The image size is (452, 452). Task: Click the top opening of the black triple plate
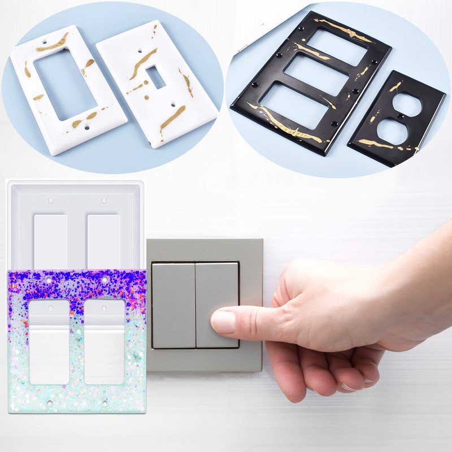pos(338,47)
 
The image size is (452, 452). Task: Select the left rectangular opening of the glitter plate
pos(50,341)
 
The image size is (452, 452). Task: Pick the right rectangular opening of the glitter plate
pos(105,341)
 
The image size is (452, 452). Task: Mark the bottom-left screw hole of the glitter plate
pos(50,403)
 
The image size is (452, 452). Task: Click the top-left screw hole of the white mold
pos(50,201)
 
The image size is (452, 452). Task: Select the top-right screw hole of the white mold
pos(103,201)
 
